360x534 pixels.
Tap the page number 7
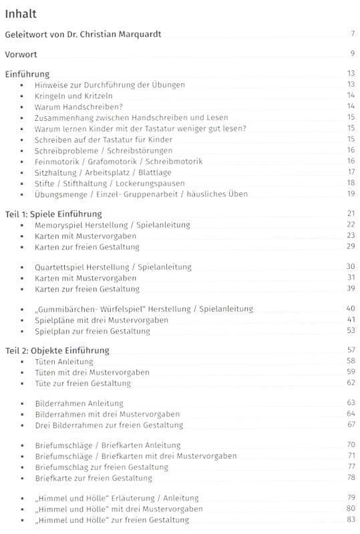(x=351, y=34)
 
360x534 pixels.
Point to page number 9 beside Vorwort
(x=351, y=53)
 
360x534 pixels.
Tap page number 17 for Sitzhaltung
(x=350, y=172)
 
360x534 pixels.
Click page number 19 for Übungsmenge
(x=350, y=194)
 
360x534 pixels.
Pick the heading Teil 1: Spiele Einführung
(x=53, y=214)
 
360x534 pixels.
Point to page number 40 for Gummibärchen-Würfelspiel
(x=350, y=309)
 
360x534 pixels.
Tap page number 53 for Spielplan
(x=350, y=330)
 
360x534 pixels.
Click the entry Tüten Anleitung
(x=64, y=362)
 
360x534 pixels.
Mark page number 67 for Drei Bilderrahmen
(x=350, y=425)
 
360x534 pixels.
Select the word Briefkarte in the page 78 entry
(x=56, y=478)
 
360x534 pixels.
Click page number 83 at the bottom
(x=350, y=519)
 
